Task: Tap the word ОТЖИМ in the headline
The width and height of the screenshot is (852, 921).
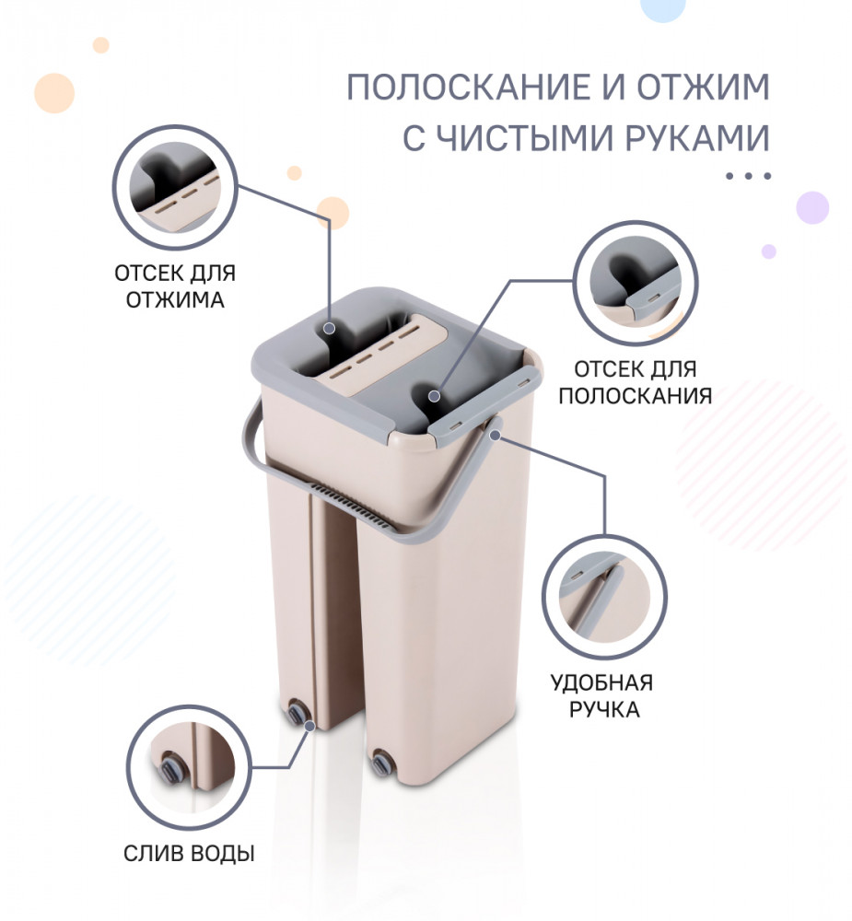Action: click(x=704, y=87)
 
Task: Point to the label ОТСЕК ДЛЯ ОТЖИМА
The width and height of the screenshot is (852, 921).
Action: click(x=175, y=286)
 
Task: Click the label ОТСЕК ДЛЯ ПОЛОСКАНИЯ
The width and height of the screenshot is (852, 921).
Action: click(x=635, y=382)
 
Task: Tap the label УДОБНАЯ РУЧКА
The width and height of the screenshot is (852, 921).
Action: click(x=602, y=696)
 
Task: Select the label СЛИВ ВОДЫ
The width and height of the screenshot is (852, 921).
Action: click(x=189, y=853)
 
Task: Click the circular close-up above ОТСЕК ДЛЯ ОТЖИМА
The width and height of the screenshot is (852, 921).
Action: click(x=174, y=187)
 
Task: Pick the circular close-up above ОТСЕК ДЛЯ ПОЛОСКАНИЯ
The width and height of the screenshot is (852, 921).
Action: click(x=636, y=283)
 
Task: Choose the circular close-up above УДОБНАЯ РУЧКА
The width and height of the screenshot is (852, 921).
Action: click(x=604, y=597)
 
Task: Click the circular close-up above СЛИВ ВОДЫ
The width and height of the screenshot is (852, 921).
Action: click(x=189, y=766)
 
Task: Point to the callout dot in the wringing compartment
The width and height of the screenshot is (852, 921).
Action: click(x=330, y=328)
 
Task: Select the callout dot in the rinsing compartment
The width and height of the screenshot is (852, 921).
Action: click(x=434, y=396)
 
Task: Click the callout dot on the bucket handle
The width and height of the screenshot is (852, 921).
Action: click(x=496, y=436)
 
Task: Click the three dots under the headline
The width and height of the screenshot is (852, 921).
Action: click(x=748, y=176)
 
